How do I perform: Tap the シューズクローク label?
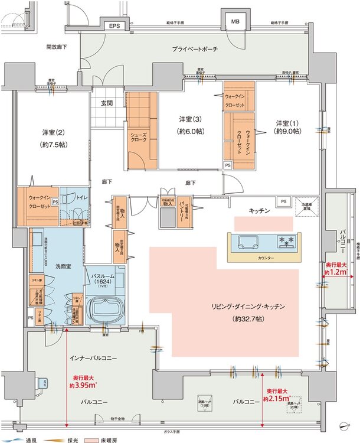(139, 139)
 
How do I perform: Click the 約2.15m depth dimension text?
(278, 395)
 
